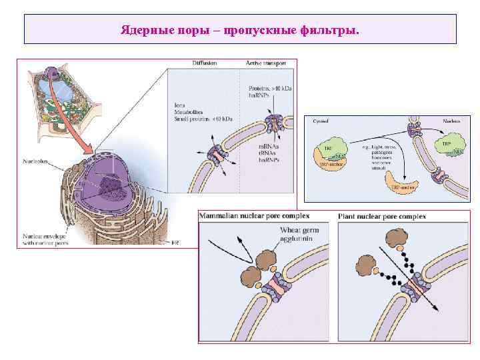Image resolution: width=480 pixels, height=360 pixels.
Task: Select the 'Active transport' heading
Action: pos(266,63)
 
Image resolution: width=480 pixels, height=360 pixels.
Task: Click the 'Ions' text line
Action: pos(180,105)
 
